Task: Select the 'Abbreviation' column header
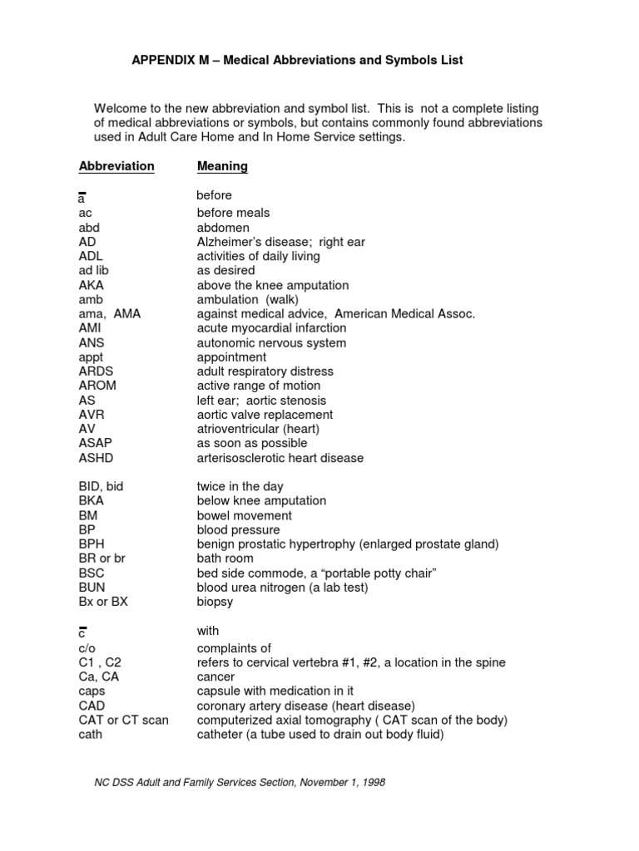click(116, 166)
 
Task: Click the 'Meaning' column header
click(222, 166)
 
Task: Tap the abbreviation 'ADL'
click(91, 256)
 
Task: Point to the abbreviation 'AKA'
click(91, 285)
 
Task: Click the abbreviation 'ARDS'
click(96, 371)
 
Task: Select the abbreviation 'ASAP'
click(95, 443)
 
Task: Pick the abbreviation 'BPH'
click(91, 544)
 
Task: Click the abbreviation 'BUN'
click(92, 588)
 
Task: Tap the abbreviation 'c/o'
click(88, 648)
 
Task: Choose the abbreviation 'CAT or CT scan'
click(123, 720)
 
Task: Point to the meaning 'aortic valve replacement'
click(265, 415)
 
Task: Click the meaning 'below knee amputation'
click(261, 501)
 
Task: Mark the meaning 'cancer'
click(215, 677)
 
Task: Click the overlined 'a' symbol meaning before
click(82, 199)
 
